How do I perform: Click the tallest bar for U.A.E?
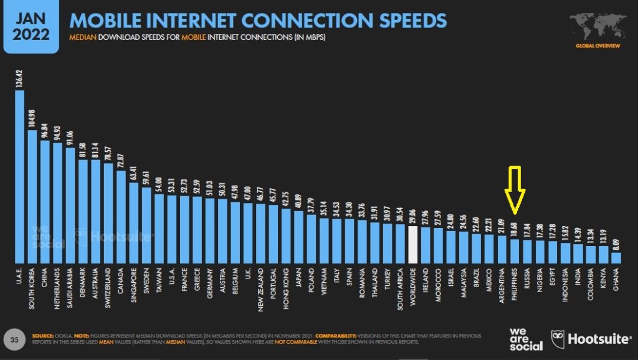tap(19, 177)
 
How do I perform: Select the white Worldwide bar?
tap(412, 244)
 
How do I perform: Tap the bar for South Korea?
tap(32, 197)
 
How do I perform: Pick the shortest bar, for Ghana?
tap(616, 257)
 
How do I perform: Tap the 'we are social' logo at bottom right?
tap(525, 339)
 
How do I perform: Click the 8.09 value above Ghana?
tap(616, 240)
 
